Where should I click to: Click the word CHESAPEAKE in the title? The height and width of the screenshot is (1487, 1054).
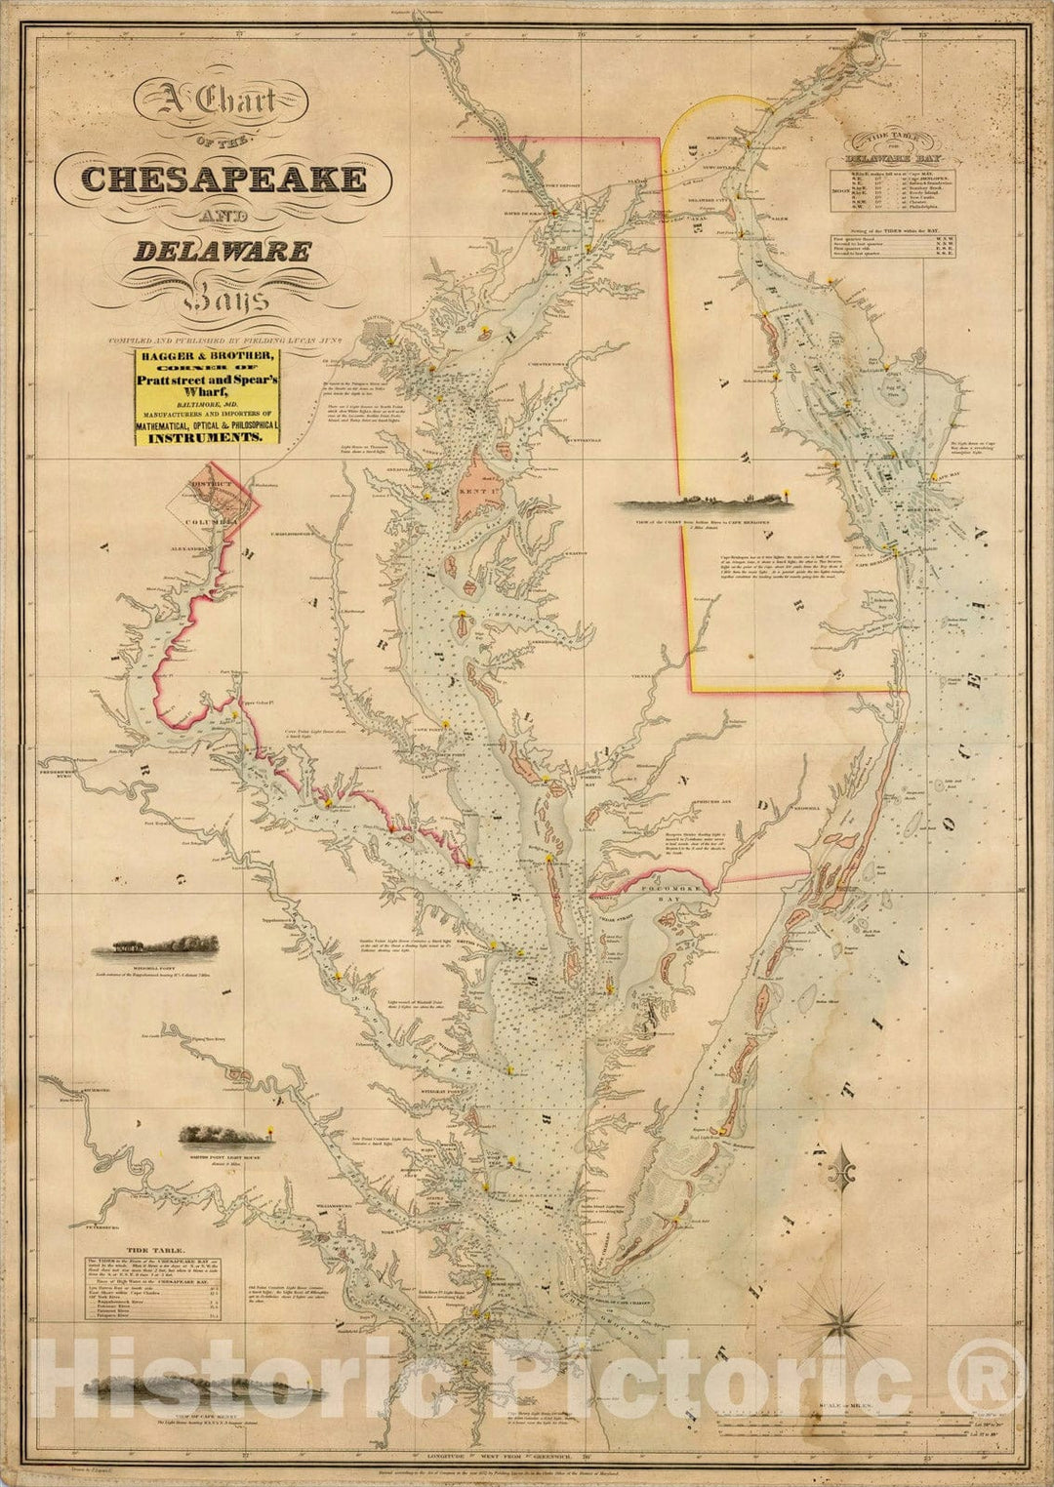tap(223, 179)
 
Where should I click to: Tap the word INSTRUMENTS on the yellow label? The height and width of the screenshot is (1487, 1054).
tap(206, 439)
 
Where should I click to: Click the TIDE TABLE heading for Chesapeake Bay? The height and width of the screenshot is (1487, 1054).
tap(150, 1248)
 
